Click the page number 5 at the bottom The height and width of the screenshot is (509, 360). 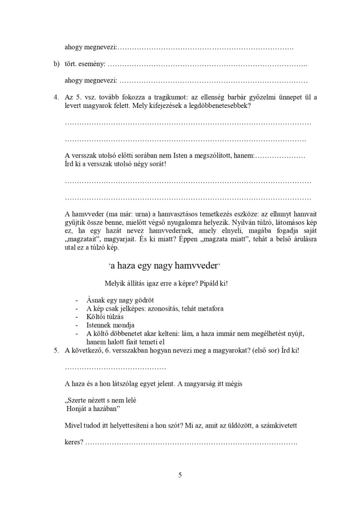(180, 475)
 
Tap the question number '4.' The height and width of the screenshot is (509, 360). (57, 97)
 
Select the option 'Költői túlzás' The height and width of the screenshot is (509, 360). (105, 317)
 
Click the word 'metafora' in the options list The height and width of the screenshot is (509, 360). (209, 308)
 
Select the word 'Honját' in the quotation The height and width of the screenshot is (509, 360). (77, 409)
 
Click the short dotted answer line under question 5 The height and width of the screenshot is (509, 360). (115, 367)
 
